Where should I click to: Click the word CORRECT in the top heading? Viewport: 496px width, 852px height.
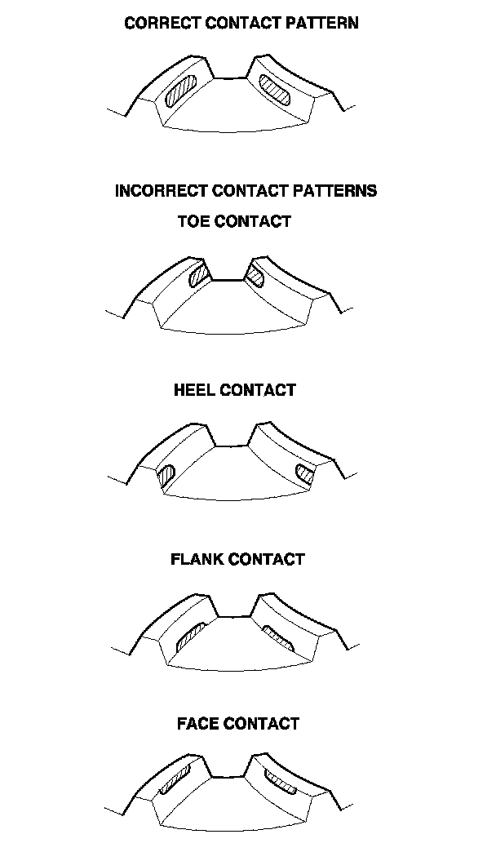(162, 23)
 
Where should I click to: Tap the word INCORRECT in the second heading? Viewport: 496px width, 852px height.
(162, 191)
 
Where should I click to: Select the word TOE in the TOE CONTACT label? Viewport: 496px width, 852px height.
(193, 221)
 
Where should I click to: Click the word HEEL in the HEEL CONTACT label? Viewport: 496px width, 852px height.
(195, 390)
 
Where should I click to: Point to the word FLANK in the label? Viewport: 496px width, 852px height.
(198, 559)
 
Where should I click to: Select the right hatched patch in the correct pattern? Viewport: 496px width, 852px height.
(276, 89)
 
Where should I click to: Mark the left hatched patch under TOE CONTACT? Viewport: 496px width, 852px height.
(198, 274)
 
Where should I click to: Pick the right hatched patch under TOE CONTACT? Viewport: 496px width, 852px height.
(255, 275)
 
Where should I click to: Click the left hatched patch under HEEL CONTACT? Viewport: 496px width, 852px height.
(169, 474)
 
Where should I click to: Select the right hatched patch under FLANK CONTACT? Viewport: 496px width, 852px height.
(277, 636)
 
